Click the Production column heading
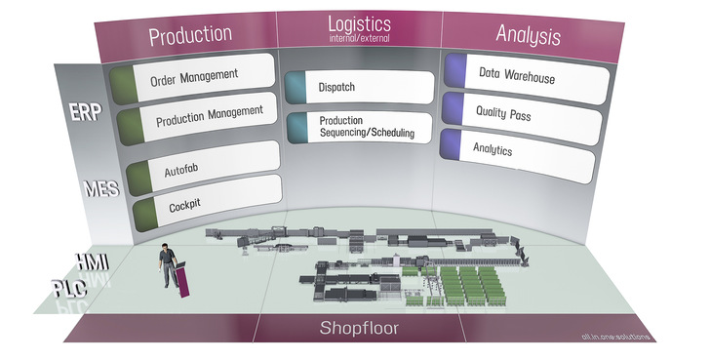[x=190, y=35]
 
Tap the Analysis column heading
[x=528, y=36]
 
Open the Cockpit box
[x=205, y=200]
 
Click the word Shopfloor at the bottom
[x=360, y=328]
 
